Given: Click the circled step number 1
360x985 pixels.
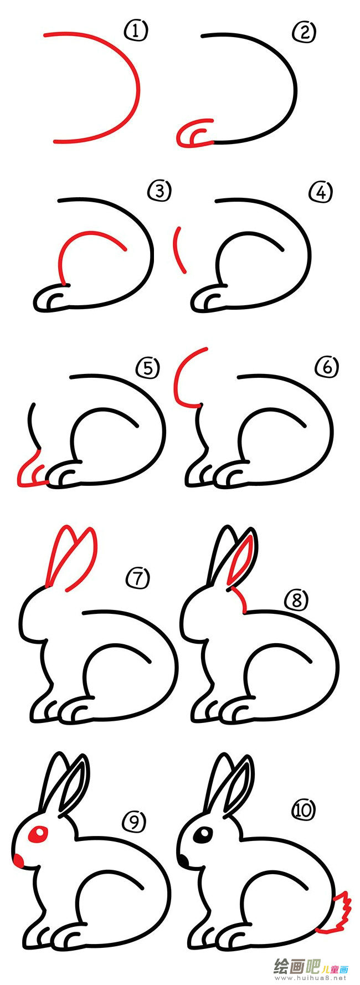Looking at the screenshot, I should point(136,32).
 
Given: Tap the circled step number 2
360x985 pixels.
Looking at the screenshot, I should point(304,33).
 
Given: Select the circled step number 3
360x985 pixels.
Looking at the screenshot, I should point(160,192).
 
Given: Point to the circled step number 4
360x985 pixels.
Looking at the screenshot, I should point(321,193).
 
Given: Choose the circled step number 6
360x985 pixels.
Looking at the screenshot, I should point(327,367).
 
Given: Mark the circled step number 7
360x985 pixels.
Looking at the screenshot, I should point(138,578).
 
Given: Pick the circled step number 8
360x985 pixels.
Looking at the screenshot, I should point(296,599).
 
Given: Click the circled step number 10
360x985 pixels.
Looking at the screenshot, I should point(303,810).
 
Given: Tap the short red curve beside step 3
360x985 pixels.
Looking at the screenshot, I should point(178,249).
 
